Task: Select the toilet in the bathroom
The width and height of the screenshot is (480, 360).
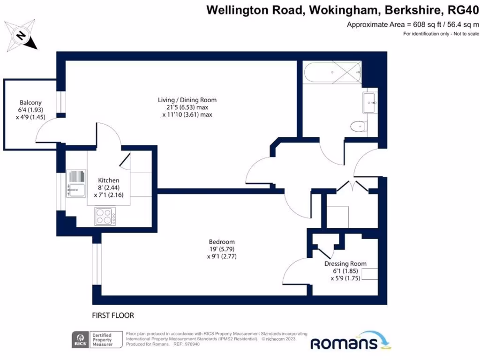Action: (359, 126)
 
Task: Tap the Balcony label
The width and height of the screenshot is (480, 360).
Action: (30, 103)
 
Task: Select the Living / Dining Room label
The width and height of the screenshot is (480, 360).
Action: (187, 100)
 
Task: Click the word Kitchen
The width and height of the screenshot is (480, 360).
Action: (108, 180)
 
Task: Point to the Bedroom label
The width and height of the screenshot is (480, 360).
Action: (222, 242)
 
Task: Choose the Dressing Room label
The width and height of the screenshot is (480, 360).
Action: (345, 263)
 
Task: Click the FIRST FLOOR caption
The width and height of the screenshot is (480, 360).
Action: (113, 315)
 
